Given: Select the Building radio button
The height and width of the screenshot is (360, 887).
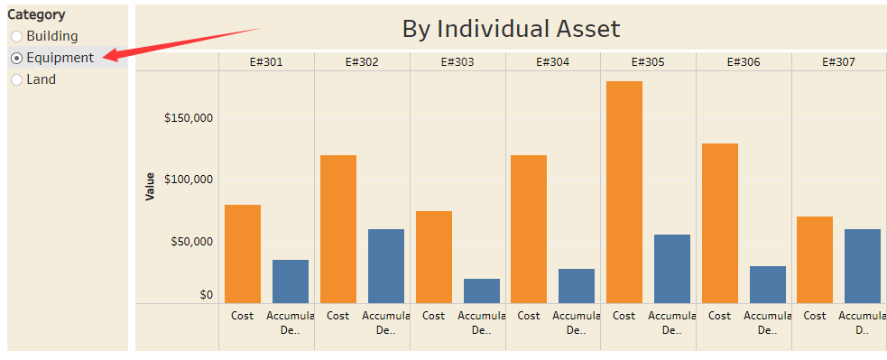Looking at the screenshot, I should click(x=16, y=36).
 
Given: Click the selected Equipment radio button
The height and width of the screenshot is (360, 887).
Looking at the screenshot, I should click(x=16, y=58).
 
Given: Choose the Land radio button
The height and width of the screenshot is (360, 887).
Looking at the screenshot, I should click(x=16, y=79).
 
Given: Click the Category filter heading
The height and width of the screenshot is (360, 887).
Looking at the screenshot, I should click(x=36, y=14).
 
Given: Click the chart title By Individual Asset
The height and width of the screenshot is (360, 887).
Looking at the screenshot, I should click(x=511, y=29).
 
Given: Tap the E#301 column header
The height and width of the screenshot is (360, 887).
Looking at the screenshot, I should click(x=266, y=62).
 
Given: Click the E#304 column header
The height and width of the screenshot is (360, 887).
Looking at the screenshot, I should click(x=553, y=62).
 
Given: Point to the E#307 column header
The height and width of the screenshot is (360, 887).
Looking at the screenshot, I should click(x=839, y=62).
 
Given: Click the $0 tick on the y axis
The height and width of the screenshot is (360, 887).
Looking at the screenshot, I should click(x=206, y=294).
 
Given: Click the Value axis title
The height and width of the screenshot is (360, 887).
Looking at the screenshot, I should click(x=151, y=186).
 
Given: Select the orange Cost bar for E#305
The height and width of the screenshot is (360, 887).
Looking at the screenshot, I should click(x=624, y=192).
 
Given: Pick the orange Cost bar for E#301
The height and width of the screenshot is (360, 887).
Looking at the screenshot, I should click(x=243, y=254).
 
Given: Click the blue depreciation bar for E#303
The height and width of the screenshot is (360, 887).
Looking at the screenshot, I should click(x=482, y=291).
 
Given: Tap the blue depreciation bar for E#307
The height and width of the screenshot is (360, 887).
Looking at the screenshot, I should click(x=863, y=266).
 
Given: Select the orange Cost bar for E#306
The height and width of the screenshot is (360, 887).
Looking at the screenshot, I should click(x=719, y=223).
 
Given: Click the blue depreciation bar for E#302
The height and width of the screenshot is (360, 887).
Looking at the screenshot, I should click(x=386, y=266).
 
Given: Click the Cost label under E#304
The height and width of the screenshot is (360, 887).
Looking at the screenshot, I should click(x=529, y=316).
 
